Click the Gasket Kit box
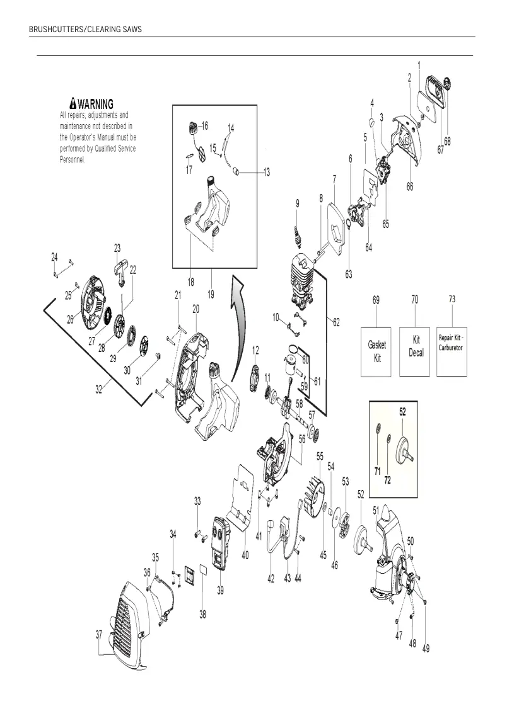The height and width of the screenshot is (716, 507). pos(376,351)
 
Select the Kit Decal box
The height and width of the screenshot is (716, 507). pos(415,351)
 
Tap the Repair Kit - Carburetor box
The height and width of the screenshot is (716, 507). pos(452,351)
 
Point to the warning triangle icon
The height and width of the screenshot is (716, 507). pos(73,103)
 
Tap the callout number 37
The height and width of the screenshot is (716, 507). pos(99,635)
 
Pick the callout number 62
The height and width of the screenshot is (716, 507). pos(336,322)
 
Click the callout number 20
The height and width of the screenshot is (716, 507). pos(195,309)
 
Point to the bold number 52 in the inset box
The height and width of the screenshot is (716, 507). pos(402,411)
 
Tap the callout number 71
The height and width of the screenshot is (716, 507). pos(378,471)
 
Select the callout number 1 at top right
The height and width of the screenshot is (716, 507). pos(419,66)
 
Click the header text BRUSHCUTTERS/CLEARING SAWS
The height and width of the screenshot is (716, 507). pos(86,29)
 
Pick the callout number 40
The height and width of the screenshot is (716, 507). pos(245,555)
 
